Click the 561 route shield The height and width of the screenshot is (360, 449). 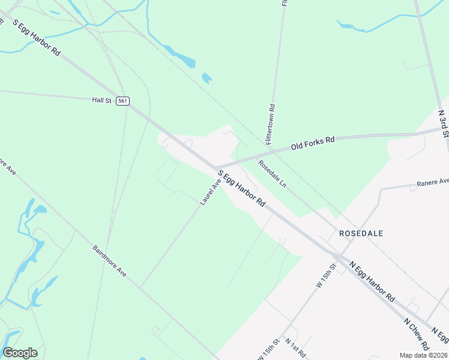coord(123,101)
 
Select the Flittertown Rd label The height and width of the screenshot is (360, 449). coord(271,125)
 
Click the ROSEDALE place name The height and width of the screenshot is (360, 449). coord(361,233)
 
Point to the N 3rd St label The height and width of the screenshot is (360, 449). coord(443,123)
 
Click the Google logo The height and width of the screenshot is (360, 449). coord(20,353)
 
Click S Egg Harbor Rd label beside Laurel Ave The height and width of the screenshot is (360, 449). coord(241,189)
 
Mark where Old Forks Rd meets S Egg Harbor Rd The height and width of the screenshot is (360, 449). coord(216,167)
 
